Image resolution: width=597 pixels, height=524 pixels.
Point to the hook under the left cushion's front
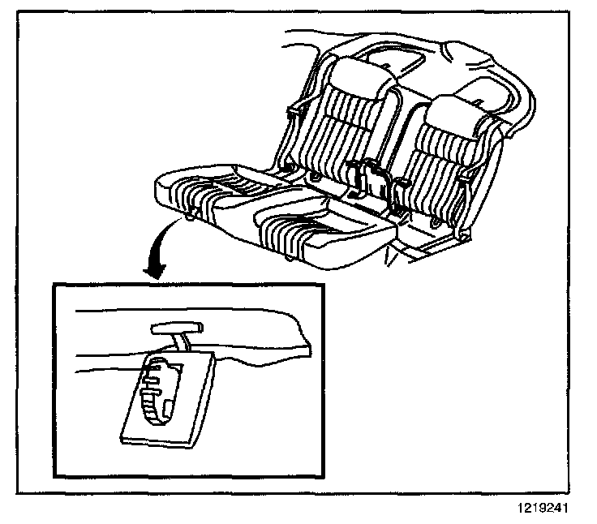pos(191,215)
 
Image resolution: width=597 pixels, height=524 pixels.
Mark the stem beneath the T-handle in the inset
pos(184,342)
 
